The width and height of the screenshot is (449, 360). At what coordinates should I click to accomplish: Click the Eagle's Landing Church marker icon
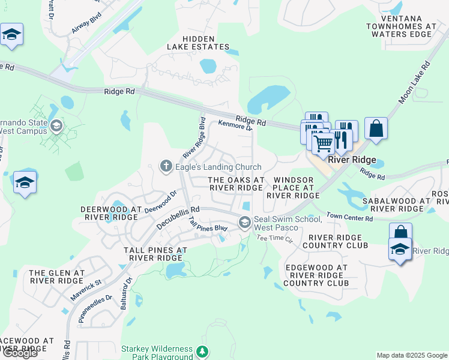(x=166, y=165)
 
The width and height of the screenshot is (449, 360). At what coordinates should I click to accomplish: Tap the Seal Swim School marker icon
(x=244, y=223)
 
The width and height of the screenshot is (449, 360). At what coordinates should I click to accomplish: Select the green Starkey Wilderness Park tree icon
(x=203, y=351)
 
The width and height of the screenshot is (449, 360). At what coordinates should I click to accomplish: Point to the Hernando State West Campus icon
(x=56, y=126)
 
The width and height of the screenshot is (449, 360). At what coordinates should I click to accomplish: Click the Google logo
(x=20, y=353)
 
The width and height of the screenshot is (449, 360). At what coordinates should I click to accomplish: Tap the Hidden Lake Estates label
(x=197, y=42)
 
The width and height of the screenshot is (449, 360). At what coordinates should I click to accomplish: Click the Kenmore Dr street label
(x=235, y=125)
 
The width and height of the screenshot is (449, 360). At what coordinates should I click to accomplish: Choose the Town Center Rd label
(x=349, y=217)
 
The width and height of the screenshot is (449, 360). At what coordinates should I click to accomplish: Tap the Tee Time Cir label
(x=274, y=238)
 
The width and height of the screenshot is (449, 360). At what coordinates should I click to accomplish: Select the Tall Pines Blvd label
(x=208, y=225)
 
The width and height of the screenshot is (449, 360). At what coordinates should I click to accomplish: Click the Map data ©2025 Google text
(x=411, y=355)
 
